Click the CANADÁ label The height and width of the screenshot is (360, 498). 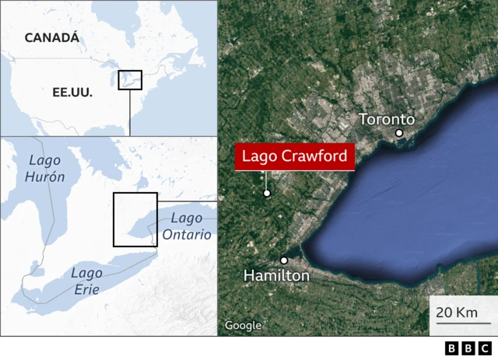point(51,37)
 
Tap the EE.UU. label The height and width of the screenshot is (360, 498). point(72,92)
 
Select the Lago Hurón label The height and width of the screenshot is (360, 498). point(46,168)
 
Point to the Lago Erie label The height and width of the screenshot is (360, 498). point(86,280)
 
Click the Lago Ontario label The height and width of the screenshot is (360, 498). point(187,226)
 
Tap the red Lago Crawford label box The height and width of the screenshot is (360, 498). point(295,157)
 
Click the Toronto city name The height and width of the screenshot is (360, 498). point(386,119)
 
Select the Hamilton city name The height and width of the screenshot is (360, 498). point(276,275)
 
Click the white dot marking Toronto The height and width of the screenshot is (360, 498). point(399,133)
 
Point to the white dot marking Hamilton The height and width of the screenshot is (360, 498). point(285,260)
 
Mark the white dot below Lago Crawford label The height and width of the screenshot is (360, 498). point(266,194)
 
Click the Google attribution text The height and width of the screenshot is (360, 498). point(243,326)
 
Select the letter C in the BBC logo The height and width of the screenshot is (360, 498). point(484,348)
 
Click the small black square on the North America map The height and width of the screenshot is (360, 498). point(130,79)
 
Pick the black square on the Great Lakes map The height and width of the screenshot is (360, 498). point(135,219)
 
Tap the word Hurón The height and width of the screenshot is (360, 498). point(46,177)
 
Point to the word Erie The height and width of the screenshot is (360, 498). point(86,288)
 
